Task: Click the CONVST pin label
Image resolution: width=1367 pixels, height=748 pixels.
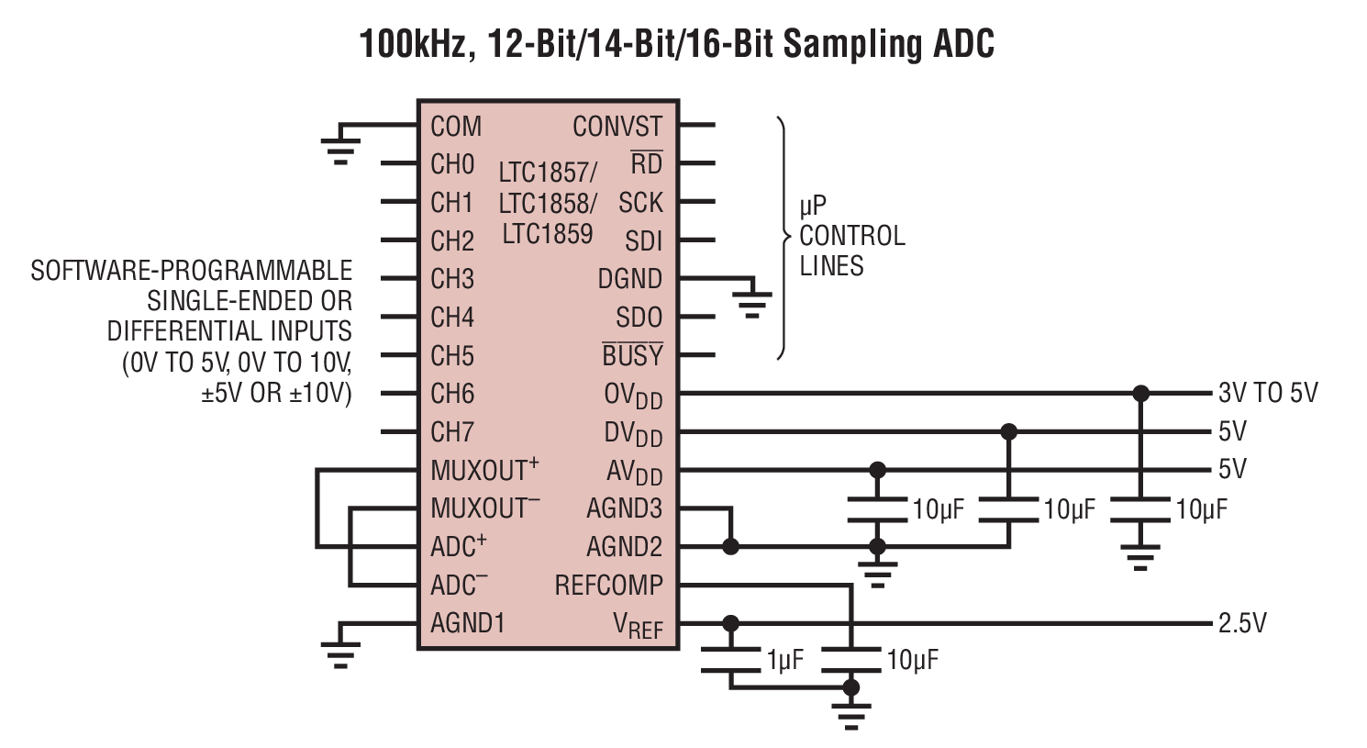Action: (x=617, y=127)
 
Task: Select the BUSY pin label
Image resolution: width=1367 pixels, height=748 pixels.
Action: (x=632, y=355)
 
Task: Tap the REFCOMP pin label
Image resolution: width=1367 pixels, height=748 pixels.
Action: (x=608, y=586)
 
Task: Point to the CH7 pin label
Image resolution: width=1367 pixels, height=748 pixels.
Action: (x=452, y=432)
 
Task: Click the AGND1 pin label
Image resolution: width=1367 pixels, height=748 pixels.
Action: (x=468, y=623)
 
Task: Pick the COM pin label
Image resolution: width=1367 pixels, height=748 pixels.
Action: (x=456, y=127)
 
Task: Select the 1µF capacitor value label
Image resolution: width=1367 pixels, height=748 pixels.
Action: (x=785, y=660)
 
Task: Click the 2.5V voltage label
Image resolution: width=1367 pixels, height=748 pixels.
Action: (x=1242, y=624)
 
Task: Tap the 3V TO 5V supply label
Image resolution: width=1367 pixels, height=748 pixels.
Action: (x=1267, y=394)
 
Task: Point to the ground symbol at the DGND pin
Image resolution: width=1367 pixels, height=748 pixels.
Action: (x=752, y=302)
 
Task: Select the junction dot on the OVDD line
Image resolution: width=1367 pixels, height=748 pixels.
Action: (x=1140, y=394)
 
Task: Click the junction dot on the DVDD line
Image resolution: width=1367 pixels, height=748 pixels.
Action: (x=1009, y=431)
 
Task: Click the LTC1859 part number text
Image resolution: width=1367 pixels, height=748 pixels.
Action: (x=547, y=234)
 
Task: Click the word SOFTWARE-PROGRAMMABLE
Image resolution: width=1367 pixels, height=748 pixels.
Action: (x=191, y=271)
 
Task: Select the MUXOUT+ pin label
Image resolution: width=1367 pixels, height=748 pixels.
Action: (x=484, y=471)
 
